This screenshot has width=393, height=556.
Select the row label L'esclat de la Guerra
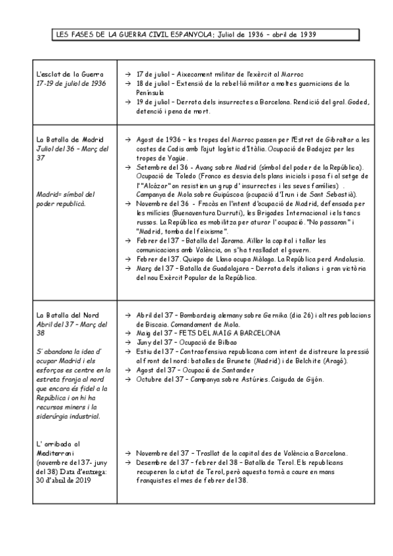click(x=70, y=75)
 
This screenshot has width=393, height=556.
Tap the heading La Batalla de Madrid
click(x=70, y=140)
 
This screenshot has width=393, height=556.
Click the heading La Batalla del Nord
click(x=68, y=314)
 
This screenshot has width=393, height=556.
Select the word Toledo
click(x=186, y=177)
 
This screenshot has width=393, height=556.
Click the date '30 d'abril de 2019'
click(x=64, y=481)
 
